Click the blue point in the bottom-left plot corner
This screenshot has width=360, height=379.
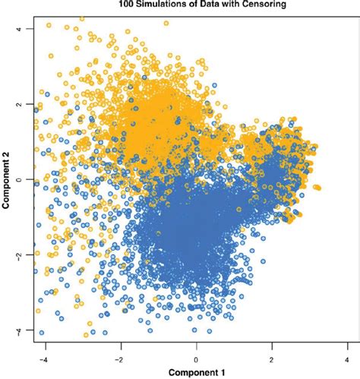coord(41,333)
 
